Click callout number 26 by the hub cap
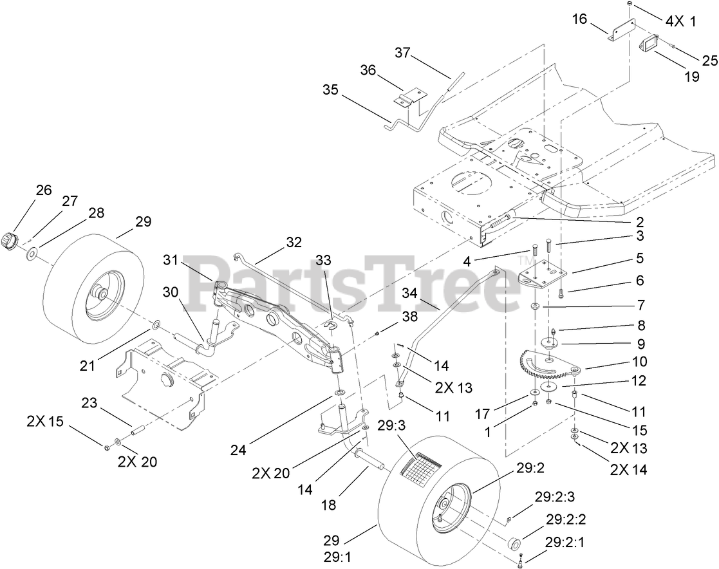(43, 191)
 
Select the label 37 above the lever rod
(402, 55)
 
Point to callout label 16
(579, 20)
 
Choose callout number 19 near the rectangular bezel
(691, 77)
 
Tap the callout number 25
(709, 61)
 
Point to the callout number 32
(294, 243)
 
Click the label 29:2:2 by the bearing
(566, 519)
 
